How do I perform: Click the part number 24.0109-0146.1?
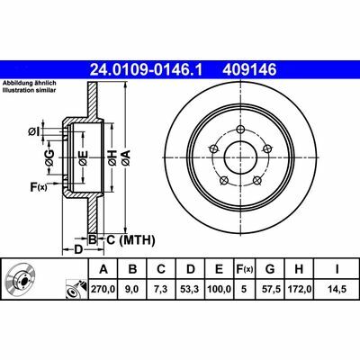(147, 70)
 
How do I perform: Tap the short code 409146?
(249, 70)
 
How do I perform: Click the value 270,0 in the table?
(103, 289)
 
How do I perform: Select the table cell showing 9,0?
(132, 289)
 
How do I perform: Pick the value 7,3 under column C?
(161, 289)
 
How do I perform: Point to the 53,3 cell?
(191, 289)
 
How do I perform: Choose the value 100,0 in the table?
(220, 289)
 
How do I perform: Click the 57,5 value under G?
(270, 289)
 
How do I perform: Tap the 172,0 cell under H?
(300, 289)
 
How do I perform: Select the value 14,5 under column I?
(337, 289)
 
